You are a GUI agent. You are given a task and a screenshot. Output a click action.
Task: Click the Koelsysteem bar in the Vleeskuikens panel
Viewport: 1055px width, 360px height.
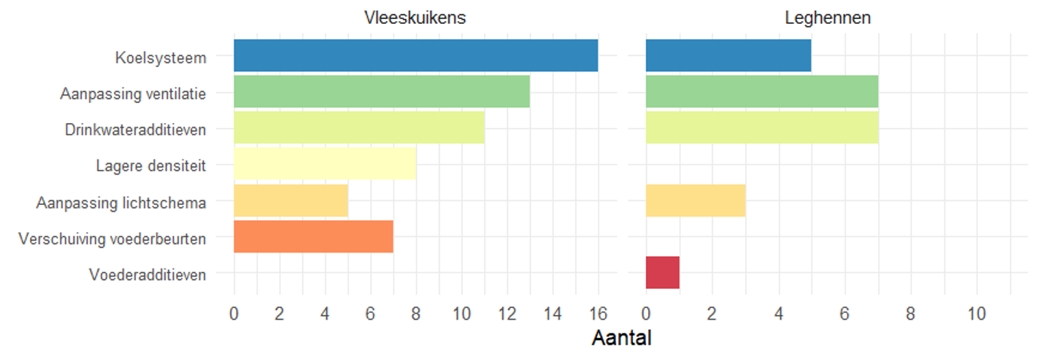click(x=415, y=55)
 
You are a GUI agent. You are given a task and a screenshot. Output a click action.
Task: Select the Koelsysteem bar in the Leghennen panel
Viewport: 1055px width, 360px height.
click(x=728, y=55)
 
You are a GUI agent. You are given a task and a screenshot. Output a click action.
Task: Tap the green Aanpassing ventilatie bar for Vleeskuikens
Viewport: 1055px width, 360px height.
click(x=381, y=92)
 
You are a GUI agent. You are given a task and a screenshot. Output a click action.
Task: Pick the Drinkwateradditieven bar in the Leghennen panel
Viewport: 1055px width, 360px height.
click(x=761, y=128)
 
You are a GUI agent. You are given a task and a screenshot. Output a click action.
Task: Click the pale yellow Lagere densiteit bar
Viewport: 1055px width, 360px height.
click(x=324, y=164)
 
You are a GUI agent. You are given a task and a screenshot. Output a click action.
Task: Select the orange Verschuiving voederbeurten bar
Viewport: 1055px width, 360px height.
click(x=313, y=236)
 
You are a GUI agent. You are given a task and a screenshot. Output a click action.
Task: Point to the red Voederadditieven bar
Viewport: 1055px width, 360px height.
click(x=662, y=273)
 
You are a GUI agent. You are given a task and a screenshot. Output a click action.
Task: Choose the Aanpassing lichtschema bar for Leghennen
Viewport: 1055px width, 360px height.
click(x=695, y=200)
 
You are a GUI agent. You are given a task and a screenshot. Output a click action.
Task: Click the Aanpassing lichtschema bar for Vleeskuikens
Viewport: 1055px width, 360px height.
click(x=290, y=200)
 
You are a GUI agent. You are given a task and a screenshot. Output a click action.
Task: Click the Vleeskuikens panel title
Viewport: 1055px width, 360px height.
click(x=415, y=18)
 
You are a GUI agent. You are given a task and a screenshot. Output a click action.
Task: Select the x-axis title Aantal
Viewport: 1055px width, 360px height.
click(x=621, y=337)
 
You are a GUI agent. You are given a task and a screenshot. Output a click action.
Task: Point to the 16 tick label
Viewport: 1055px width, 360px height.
click(x=597, y=314)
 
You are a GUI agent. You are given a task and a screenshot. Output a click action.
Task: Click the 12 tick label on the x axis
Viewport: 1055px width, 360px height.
click(x=507, y=314)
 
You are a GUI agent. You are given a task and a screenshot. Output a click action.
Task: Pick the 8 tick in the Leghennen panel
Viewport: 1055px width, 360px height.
click(x=910, y=314)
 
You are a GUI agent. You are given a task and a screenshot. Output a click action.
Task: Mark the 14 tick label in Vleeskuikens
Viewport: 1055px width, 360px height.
click(x=552, y=314)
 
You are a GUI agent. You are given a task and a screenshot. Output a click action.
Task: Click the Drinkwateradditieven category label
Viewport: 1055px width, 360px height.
click(x=136, y=128)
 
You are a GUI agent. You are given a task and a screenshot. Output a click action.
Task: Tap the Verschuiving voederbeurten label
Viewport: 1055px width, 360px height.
click(x=113, y=238)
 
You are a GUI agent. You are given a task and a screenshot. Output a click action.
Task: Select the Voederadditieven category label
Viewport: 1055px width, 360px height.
click(x=147, y=275)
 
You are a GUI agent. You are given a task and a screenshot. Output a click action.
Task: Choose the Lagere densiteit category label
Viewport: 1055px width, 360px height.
click(x=151, y=165)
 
